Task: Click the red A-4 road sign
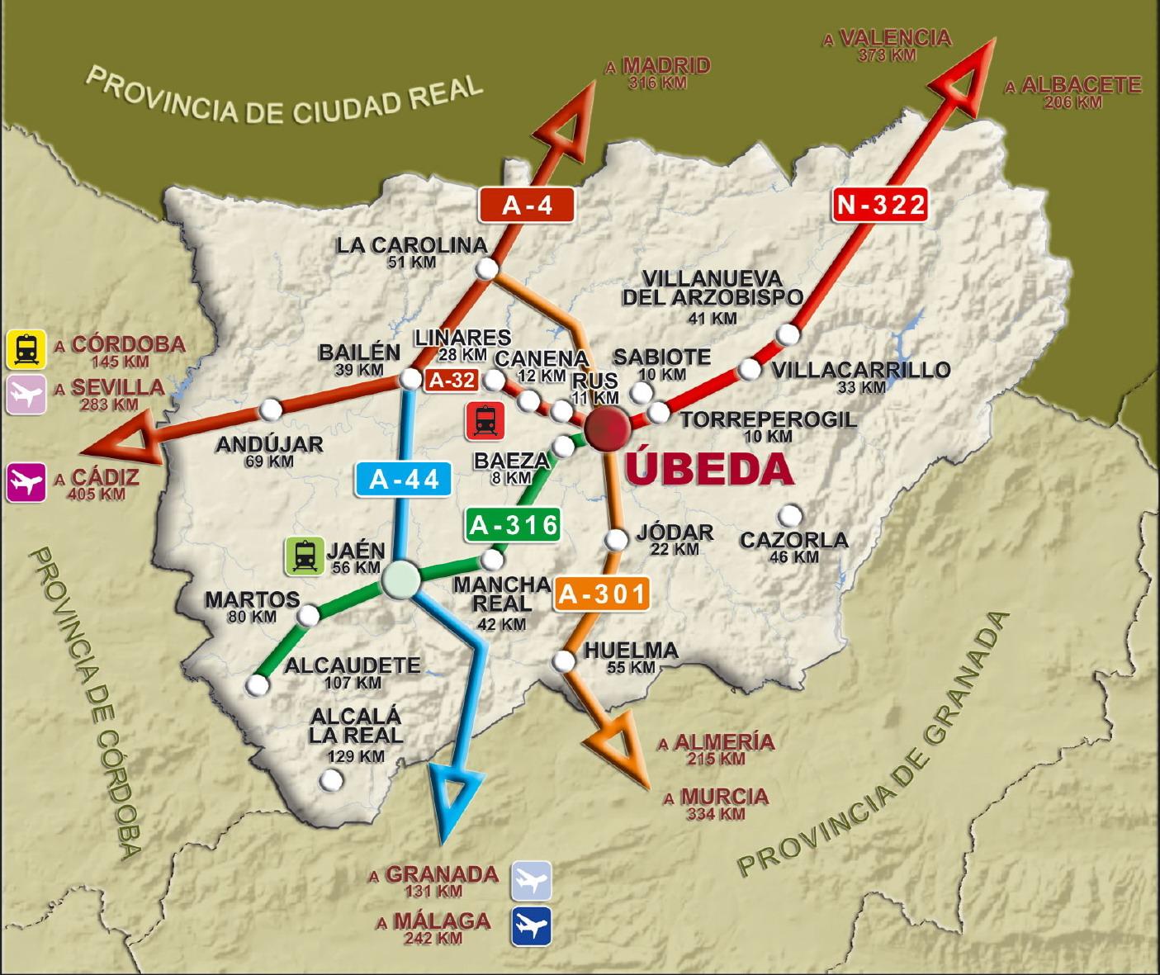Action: point(526,204)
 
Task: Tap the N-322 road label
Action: point(880,204)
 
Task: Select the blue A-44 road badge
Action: point(404,479)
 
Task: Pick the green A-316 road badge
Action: point(513,525)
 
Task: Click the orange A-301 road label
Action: point(601,594)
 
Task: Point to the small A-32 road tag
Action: point(451,380)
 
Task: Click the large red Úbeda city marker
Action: point(608,428)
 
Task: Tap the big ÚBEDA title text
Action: point(708,470)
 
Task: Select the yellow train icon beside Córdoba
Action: point(26,348)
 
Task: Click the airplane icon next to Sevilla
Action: point(26,395)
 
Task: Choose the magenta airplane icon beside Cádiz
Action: point(26,482)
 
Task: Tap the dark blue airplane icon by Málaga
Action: point(531,926)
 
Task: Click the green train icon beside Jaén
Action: point(304,556)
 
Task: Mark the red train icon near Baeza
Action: point(485,421)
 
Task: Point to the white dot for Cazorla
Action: point(790,516)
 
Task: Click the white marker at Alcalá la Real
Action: point(331,779)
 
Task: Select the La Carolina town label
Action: point(411,245)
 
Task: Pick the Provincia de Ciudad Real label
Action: point(284,97)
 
